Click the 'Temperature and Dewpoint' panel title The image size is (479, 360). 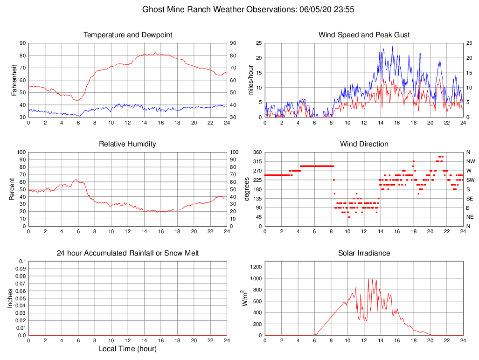pos(127,35)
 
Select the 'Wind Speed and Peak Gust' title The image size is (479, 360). pos(364,35)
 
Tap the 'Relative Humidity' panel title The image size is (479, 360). pos(127,144)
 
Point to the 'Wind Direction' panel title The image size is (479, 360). pos(364,144)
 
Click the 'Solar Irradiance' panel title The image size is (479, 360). pos(364,253)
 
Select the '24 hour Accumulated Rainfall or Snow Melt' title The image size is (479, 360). pos(127,253)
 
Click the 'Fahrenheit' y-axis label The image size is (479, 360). pos(14,80)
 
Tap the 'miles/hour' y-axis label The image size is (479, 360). pos(251,80)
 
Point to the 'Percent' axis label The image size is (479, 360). pos(12,189)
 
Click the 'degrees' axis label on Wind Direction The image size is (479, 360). pos(247,189)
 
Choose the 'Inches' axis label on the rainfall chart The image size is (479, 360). pos(10,298)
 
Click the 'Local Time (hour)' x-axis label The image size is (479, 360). pos(127,349)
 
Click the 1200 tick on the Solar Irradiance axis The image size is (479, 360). pos(255,267)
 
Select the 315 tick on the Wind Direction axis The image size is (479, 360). pos(257,161)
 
